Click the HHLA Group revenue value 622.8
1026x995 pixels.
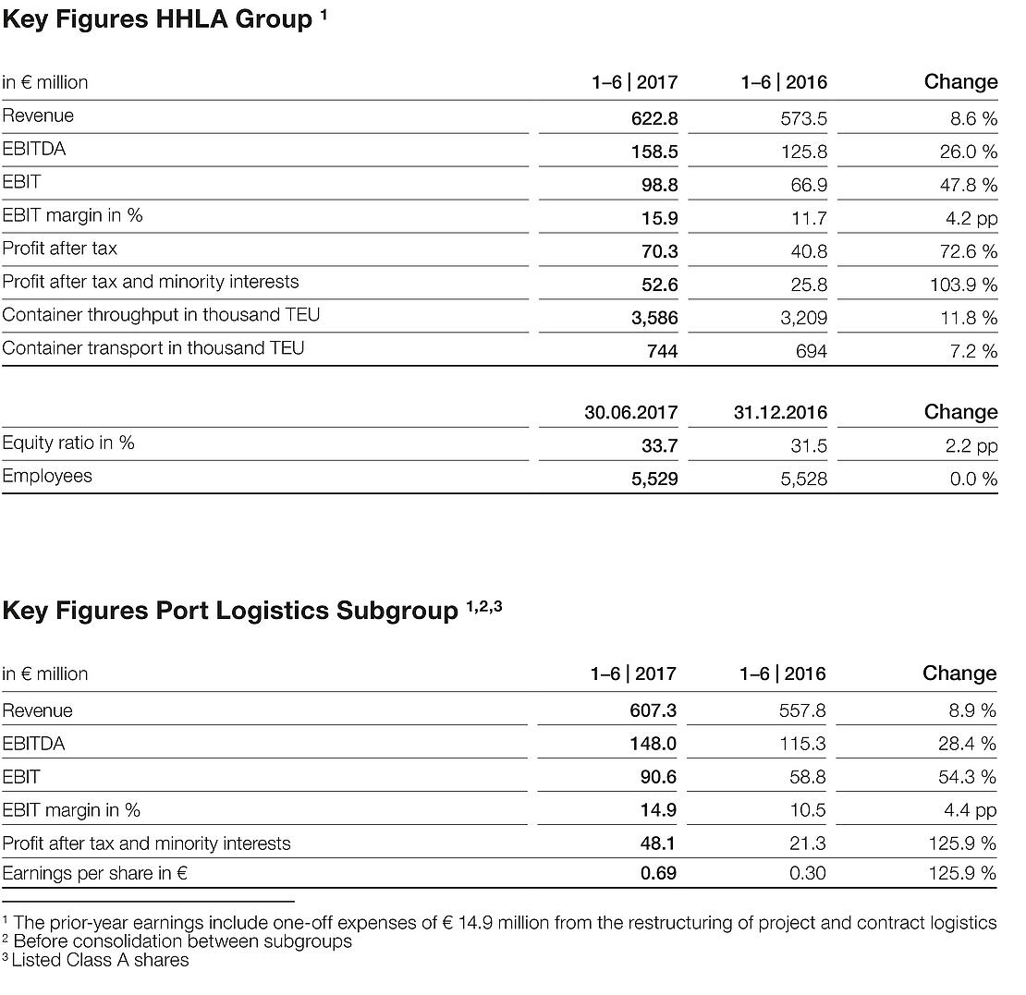[653, 118]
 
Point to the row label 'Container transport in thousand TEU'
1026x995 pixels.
[153, 348]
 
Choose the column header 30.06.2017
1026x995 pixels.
[630, 413]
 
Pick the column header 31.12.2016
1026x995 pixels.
[780, 413]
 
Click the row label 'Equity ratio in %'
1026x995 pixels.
[68, 443]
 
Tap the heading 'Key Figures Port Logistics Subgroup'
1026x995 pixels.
[230, 612]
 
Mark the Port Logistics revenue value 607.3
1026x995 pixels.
[652, 711]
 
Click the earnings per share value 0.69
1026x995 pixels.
[658, 873]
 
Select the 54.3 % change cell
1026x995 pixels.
[967, 778]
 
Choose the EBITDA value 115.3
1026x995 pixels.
[802, 745]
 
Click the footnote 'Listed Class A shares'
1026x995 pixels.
[100, 961]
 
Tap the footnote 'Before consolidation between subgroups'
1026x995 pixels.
[183, 942]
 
